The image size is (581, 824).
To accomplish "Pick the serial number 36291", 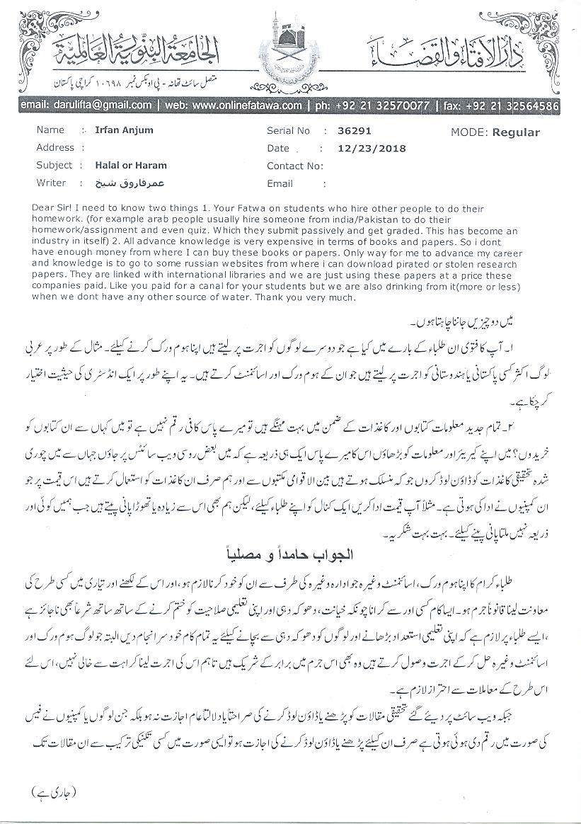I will [x=355, y=130].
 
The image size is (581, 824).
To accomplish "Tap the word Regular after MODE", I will [x=516, y=132].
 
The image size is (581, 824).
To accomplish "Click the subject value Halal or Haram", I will [x=131, y=166].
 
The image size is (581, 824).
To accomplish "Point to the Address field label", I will [x=54, y=148].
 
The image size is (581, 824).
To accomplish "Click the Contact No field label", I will [x=294, y=166].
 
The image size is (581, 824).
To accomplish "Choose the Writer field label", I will [x=51, y=183].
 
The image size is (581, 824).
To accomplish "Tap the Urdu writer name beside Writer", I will [x=120, y=183].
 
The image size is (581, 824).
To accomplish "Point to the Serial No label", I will [x=288, y=130].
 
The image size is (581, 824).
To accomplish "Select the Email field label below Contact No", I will [x=280, y=183].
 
